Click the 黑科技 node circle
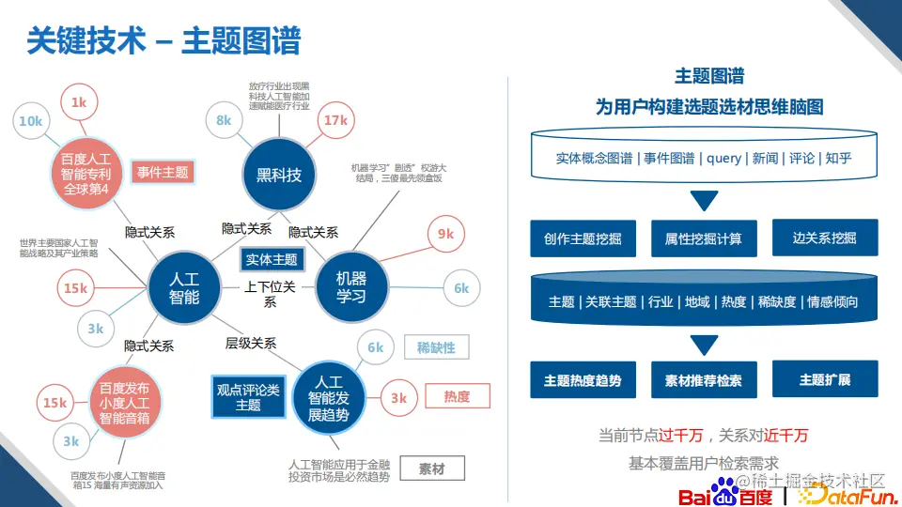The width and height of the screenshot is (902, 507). [279, 174]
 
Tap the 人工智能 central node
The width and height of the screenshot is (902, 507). [184, 287]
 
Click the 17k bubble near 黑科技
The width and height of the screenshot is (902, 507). [335, 120]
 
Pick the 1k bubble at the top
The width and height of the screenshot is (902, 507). [79, 102]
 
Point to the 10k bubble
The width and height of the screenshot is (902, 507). [31, 121]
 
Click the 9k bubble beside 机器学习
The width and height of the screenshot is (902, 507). [445, 234]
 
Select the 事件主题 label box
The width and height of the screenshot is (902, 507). [163, 172]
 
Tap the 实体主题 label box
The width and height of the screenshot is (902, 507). [272, 259]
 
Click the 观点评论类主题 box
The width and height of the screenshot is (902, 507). [248, 397]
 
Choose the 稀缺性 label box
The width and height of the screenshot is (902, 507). [436, 347]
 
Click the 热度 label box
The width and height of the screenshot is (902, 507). [458, 396]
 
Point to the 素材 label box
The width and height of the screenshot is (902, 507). [432, 469]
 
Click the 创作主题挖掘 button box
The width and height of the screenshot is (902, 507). [583, 238]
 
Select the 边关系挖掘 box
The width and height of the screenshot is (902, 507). [825, 238]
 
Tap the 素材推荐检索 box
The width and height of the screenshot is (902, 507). [703, 380]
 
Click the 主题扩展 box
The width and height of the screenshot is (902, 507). [825, 379]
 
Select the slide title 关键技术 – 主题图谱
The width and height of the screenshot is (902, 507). [163, 41]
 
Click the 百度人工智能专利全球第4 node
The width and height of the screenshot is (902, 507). [86, 174]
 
